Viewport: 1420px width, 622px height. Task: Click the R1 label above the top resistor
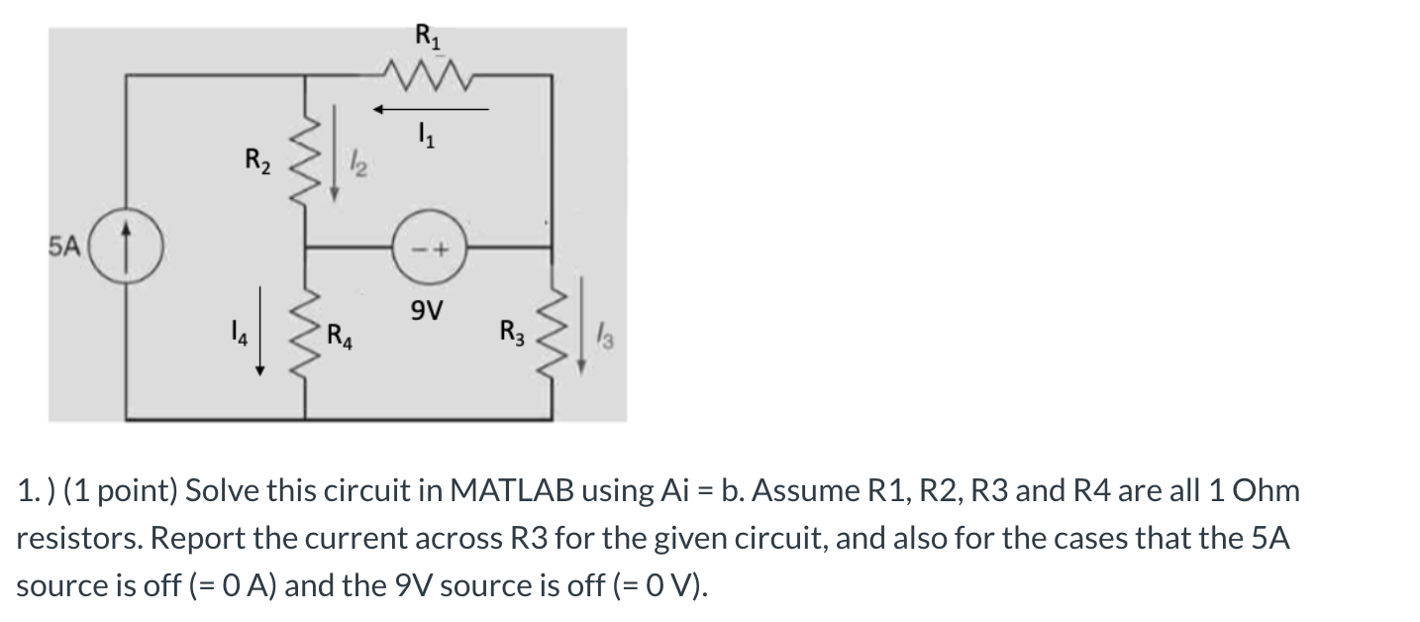click(425, 41)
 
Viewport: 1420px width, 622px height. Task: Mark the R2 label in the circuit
click(255, 157)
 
